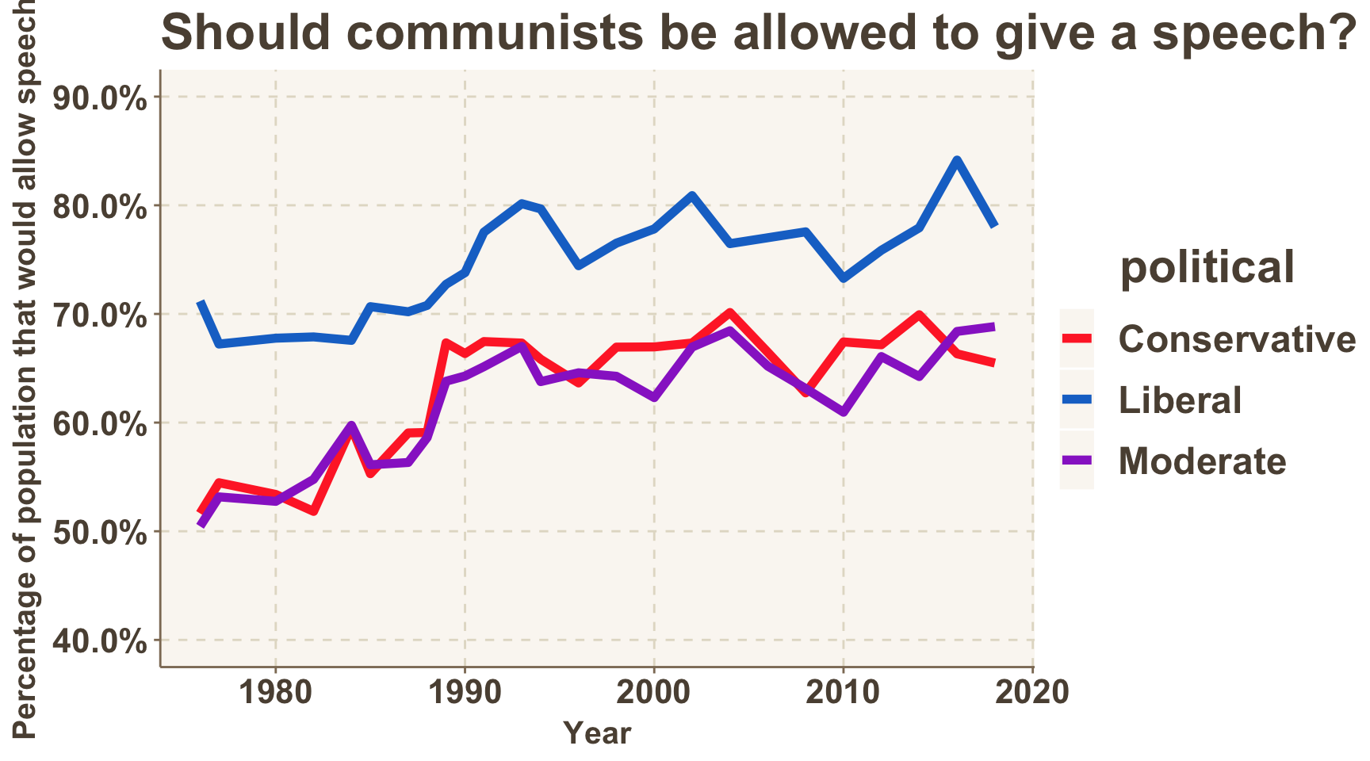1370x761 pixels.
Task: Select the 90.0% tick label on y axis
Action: (100, 98)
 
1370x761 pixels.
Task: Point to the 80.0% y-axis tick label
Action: (100, 207)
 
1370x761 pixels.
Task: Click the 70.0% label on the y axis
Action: (100, 315)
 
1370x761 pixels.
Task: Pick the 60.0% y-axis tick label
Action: (100, 424)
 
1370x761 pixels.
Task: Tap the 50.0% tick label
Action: (100, 533)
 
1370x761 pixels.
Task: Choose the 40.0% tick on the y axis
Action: (100, 641)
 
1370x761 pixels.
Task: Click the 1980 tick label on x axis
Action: (275, 692)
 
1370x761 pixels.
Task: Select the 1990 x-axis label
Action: (465, 692)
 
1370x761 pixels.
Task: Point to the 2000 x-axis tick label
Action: (654, 692)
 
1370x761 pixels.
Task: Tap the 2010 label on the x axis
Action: (843, 692)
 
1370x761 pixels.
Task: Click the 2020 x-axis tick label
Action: (1032, 692)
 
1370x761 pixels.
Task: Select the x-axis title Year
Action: (597, 733)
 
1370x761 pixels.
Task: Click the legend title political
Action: (1207, 266)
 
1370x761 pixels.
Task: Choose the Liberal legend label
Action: (1180, 400)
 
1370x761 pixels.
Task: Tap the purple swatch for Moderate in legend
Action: (1077, 461)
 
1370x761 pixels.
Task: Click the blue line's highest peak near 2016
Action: (957, 160)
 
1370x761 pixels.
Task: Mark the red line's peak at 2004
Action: (730, 313)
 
